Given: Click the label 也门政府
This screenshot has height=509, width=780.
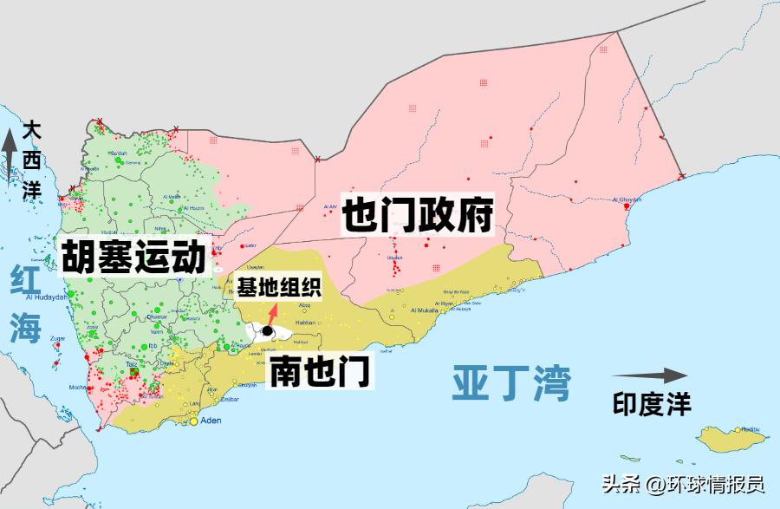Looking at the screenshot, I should click(418, 213).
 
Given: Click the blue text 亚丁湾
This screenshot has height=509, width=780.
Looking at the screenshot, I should click(512, 382).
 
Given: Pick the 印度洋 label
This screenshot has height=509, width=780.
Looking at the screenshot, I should click(652, 404).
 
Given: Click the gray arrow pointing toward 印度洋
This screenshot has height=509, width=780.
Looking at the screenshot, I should click(649, 375).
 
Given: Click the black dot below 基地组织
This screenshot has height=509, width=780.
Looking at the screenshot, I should click(268, 332).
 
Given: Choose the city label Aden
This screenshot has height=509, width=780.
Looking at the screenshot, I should click(211, 421).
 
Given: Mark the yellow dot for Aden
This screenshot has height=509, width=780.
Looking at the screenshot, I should click(193, 422).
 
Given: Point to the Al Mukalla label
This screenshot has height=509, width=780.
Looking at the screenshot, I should click(426, 310).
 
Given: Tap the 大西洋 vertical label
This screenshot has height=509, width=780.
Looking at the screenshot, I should click(33, 160).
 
